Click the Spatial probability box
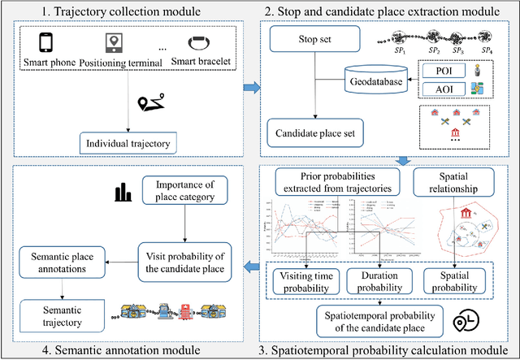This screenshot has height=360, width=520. point(459,280)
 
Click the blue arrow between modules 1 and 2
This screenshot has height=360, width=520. point(253,87)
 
